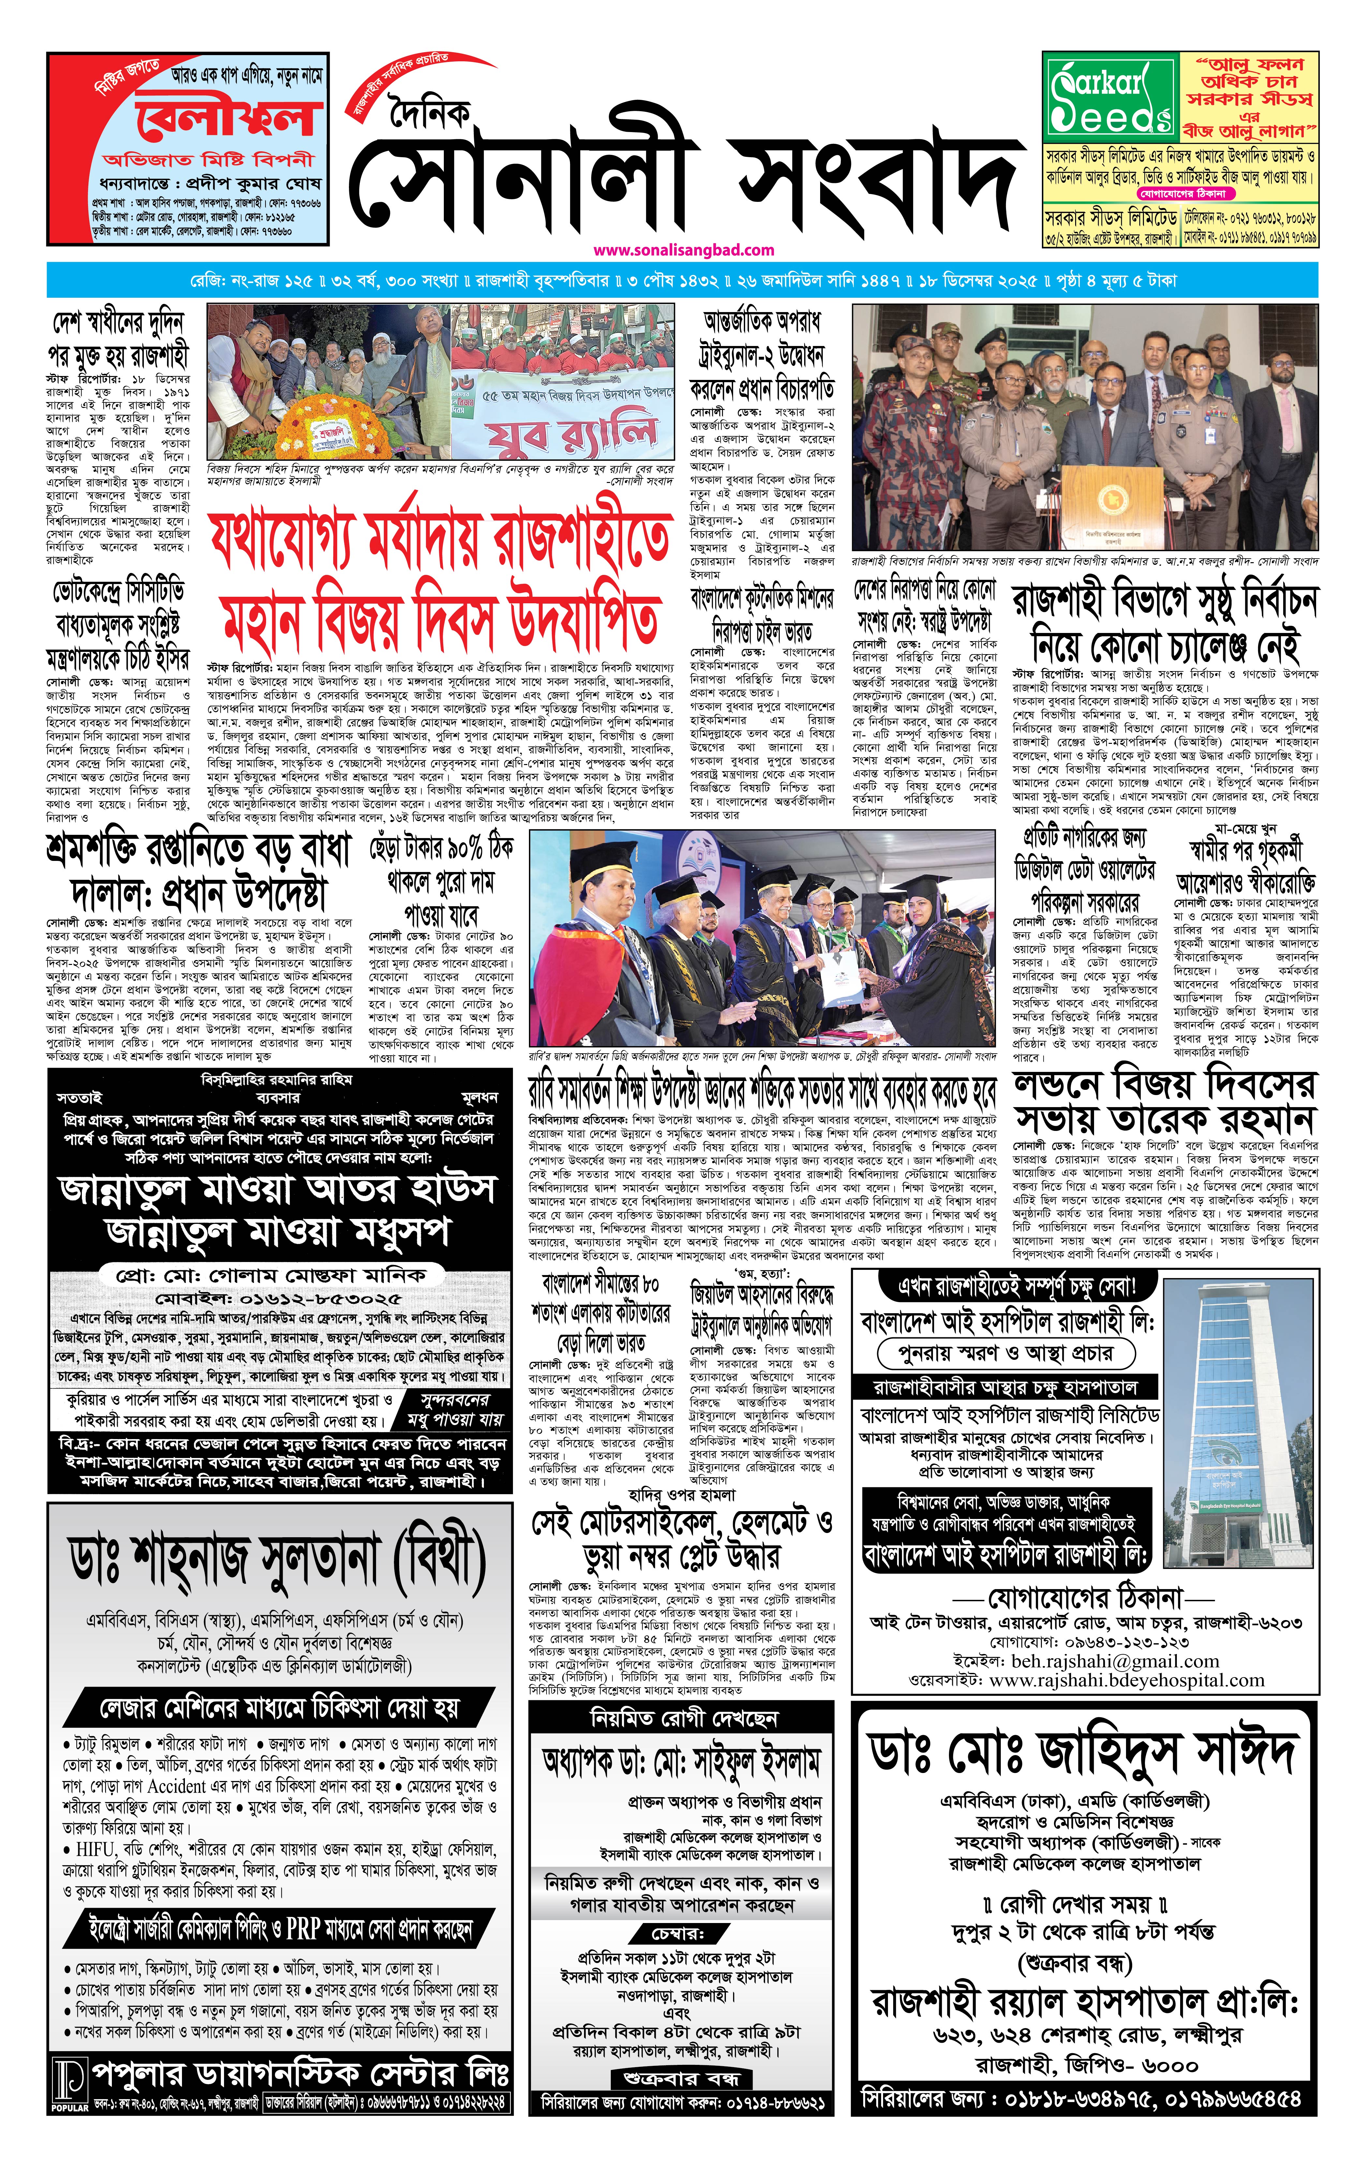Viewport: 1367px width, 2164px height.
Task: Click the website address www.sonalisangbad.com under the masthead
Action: click(x=683, y=250)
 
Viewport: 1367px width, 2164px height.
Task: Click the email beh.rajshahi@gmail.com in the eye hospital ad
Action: click(x=1115, y=1662)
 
